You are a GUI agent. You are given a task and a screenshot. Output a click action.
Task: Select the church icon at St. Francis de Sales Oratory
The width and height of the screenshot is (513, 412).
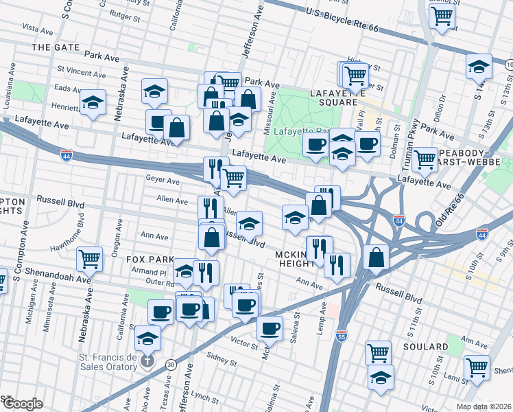coord(146,361)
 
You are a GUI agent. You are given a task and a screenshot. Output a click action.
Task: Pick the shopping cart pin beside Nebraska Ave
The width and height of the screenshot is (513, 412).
coord(89,259)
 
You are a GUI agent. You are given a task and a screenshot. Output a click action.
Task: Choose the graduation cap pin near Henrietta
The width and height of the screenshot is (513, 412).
coord(93,102)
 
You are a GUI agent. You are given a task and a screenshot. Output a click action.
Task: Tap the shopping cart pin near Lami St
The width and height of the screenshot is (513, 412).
coord(477,367)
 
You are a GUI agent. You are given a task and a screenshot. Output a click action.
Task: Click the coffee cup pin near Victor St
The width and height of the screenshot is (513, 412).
coord(270,328)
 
